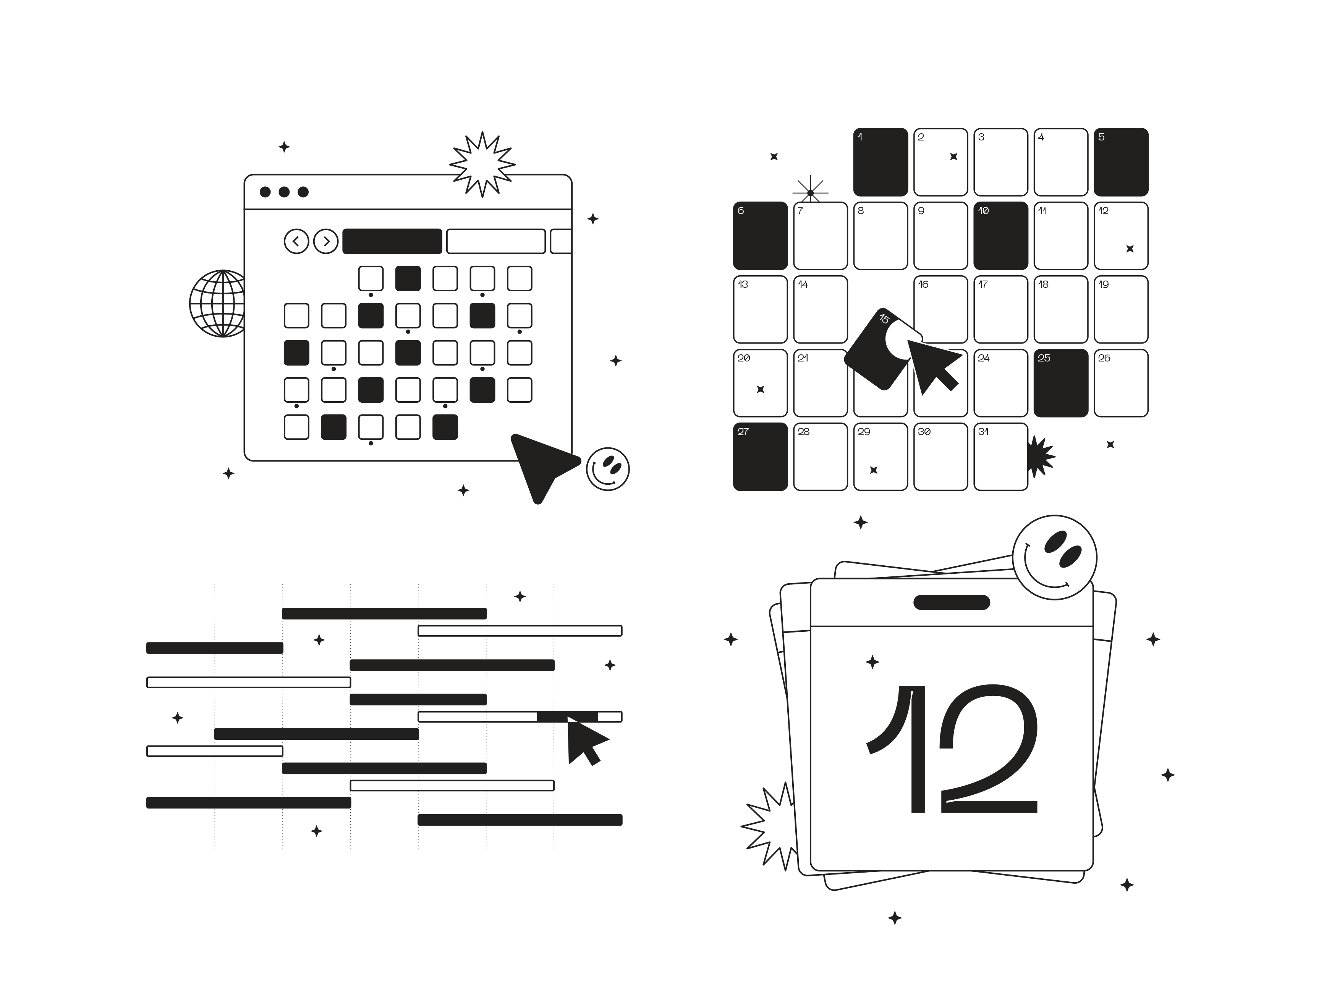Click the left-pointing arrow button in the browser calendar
(296, 242)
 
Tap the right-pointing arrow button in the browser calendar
(326, 242)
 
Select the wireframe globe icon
(218, 303)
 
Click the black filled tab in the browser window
(392, 241)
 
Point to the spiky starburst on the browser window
(482, 164)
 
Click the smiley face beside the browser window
(607, 469)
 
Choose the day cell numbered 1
(881, 162)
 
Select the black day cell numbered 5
(1121, 162)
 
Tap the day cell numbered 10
(1001, 236)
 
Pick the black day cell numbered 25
(1061, 383)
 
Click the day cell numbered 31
(1001, 457)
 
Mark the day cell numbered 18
(1061, 309)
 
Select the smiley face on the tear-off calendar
(1055, 557)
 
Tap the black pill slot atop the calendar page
(952, 602)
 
